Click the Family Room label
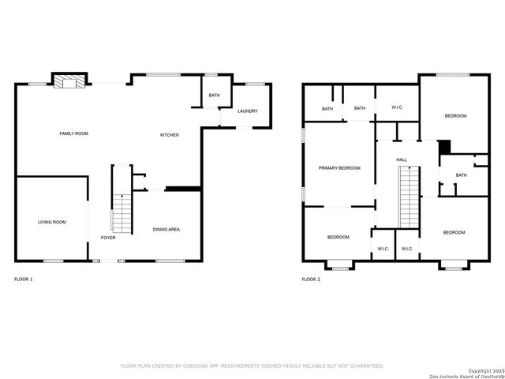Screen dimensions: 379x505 (x=74, y=133)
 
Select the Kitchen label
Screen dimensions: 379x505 (x=170, y=135)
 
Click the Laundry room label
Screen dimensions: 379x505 (x=249, y=111)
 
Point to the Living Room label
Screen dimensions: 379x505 (x=52, y=222)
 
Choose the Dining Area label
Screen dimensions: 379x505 (x=166, y=230)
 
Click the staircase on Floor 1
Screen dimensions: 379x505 (x=122, y=210)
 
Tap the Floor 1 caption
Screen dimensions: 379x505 (x=24, y=280)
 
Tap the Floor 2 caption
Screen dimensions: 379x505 (x=312, y=280)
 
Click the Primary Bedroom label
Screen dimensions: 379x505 (x=339, y=168)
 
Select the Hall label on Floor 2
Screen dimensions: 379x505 (x=402, y=160)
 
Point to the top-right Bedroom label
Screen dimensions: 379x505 (x=455, y=116)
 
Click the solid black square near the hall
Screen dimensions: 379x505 (x=444, y=147)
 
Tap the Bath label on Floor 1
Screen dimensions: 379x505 (x=215, y=96)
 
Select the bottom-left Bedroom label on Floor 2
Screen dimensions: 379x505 (x=339, y=237)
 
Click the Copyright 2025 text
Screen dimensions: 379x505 (x=484, y=370)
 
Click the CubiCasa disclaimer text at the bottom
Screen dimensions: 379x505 (x=252, y=366)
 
